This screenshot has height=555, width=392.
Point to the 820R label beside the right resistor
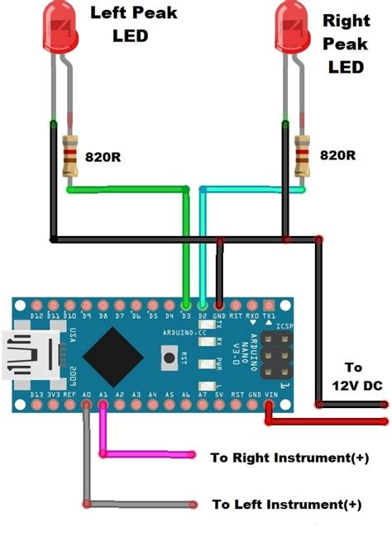[x=338, y=154]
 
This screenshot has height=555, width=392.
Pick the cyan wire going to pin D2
[x=248, y=189]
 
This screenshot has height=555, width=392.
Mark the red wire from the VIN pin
[x=323, y=422]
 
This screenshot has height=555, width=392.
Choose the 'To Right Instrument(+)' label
[x=289, y=457]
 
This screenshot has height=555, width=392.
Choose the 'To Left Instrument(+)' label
[x=289, y=504]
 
